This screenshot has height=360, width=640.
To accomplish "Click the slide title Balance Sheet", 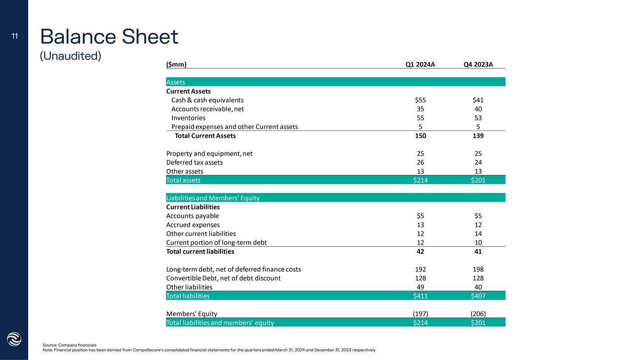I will [x=109, y=36].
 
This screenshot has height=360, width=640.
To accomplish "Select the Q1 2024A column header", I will [x=420, y=64].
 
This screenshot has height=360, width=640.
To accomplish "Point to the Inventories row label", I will [x=188, y=118].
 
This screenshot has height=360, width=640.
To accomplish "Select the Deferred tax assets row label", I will [x=194, y=162].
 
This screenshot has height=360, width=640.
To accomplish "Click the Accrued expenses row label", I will [x=193, y=225].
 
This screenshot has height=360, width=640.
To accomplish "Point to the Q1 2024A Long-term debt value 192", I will [x=420, y=269].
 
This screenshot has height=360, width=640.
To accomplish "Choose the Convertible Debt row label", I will [x=223, y=278].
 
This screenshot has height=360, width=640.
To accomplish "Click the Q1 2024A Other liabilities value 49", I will [x=420, y=287].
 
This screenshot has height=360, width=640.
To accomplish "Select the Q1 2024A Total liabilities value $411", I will [x=420, y=296].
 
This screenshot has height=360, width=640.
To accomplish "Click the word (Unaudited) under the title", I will [x=70, y=56].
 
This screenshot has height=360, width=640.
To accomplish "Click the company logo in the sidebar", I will [x=14, y=339].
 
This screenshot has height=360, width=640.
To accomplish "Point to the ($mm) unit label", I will [x=176, y=64].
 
